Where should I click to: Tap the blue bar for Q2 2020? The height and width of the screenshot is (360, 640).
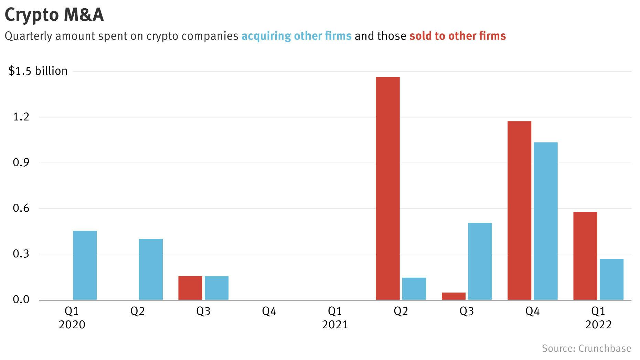[151, 269]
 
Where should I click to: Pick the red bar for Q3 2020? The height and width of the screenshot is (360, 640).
[190, 288]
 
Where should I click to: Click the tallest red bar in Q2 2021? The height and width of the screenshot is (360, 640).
[388, 188]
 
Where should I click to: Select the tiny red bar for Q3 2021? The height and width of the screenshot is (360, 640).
[454, 296]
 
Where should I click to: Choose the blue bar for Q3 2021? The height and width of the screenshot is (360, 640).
[480, 261]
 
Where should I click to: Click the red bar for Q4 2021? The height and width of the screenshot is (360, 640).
[519, 210]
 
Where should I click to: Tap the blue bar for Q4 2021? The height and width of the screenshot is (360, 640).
[546, 221]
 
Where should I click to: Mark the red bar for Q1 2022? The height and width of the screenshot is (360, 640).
[585, 256]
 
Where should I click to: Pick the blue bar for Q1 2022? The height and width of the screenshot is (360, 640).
[611, 279]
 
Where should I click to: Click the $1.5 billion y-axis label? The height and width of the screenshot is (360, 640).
[38, 71]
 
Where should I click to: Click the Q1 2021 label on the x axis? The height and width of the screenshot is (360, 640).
[335, 318]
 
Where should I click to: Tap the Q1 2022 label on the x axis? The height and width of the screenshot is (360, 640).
[598, 318]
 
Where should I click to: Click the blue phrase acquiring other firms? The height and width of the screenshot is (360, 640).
[296, 36]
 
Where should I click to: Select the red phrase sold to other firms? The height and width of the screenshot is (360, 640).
[457, 36]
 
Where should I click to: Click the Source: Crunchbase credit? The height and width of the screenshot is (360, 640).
[586, 348]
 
